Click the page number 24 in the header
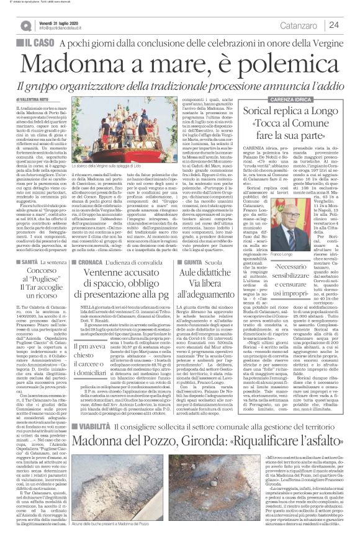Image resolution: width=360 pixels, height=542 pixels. point(334,25)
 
